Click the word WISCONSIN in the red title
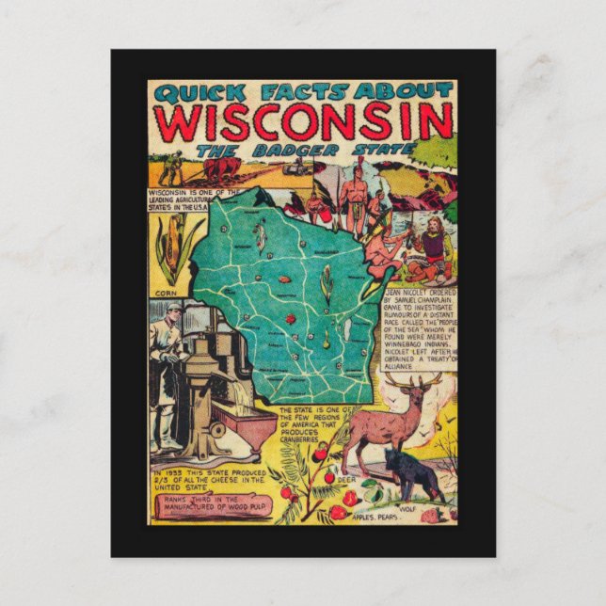click(x=302, y=121)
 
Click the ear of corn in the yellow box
click(x=173, y=247)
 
